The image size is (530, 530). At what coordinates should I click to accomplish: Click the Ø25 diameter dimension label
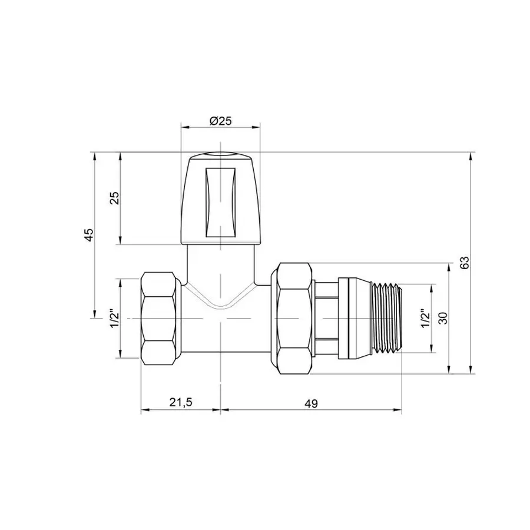coord(220,121)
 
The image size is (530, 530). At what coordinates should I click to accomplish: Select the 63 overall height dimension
coord(464,263)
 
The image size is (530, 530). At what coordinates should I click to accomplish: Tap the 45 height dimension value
coord(89,234)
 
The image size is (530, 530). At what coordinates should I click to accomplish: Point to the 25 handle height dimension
coord(115,197)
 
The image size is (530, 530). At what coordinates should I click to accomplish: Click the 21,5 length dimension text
coord(181,403)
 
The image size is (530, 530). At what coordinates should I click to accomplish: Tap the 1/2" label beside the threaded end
coord(425,318)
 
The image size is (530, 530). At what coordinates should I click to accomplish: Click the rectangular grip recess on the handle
coord(220,201)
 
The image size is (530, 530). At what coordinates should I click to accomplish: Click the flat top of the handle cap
coord(220,157)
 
